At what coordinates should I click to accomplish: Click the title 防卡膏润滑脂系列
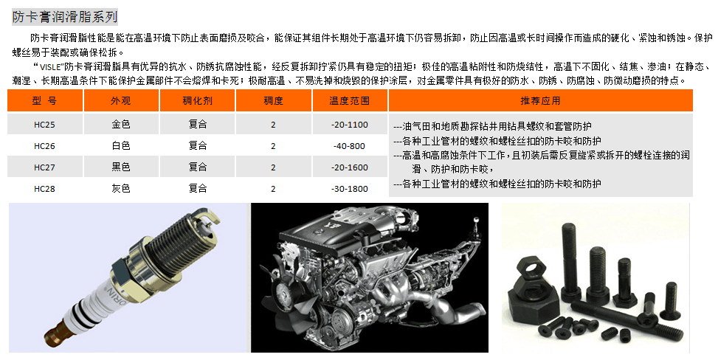pyautogui.click(x=65, y=18)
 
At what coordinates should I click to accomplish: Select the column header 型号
pyautogui.click(x=44, y=101)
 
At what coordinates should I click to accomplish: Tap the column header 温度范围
pyautogui.click(x=349, y=101)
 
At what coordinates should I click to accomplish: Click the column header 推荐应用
pyautogui.click(x=540, y=101)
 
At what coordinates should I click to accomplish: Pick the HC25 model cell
pyautogui.click(x=44, y=125)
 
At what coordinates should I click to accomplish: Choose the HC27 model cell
pyautogui.click(x=44, y=167)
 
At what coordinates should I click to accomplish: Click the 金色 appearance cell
pyautogui.click(x=121, y=124)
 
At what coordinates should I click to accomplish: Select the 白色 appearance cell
pyautogui.click(x=121, y=145)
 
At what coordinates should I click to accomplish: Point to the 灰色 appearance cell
pyautogui.click(x=121, y=188)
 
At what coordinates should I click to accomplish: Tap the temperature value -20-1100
pyautogui.click(x=350, y=125)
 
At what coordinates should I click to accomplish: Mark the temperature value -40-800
pyautogui.click(x=350, y=146)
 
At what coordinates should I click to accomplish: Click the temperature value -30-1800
pyautogui.click(x=350, y=189)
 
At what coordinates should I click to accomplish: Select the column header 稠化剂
pyautogui.click(x=197, y=101)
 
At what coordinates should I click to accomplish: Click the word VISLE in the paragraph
pyautogui.click(x=51, y=67)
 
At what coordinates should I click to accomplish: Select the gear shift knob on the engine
pyautogui.click(x=476, y=221)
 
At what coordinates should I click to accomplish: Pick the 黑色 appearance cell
pyautogui.click(x=121, y=167)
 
